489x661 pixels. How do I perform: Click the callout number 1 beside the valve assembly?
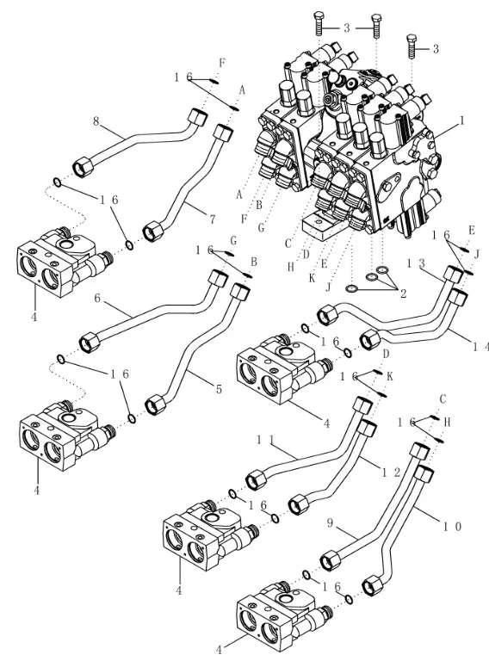pyautogui.click(x=462, y=120)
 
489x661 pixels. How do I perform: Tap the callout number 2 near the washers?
pyautogui.click(x=404, y=293)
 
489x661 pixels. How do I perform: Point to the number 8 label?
pyautogui.click(x=96, y=121)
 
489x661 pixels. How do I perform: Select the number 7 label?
pyautogui.click(x=213, y=219)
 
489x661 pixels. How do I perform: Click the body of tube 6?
pyautogui.click(x=152, y=316)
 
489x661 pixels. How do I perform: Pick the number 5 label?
pyautogui.click(x=219, y=389)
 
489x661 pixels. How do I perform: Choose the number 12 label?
pyautogui.click(x=391, y=472)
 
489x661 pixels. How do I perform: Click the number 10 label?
pyautogui.click(x=452, y=526)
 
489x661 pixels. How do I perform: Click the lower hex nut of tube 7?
pyautogui.click(x=153, y=232)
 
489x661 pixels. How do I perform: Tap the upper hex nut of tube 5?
pyautogui.click(x=241, y=292)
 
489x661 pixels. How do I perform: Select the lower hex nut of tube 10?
pyautogui.click(x=373, y=585)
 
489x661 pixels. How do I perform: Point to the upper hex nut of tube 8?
pyautogui.click(x=197, y=117)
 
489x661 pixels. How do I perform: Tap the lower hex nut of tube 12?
pyautogui.click(x=299, y=504)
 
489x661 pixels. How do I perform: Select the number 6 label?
pyautogui.click(x=97, y=299)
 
